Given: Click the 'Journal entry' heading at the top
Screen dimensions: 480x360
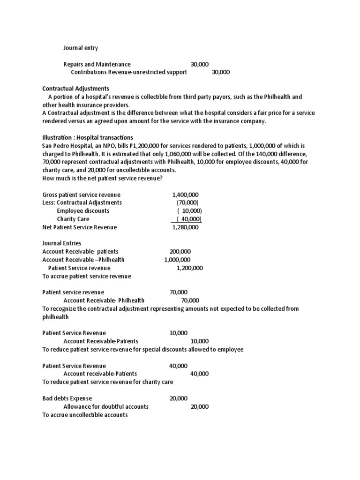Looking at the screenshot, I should pyautogui.click(x=81, y=48).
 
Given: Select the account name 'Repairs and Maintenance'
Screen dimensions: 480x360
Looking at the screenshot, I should pyautogui.click(x=97, y=64).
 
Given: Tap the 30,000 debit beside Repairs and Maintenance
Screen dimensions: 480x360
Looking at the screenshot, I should pyautogui.click(x=200, y=64).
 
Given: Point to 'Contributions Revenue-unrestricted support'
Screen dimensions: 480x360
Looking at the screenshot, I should pyautogui.click(x=129, y=72).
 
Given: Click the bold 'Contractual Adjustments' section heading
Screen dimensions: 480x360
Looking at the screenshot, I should pyautogui.click(x=75, y=89).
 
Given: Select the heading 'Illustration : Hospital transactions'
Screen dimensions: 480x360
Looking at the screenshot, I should pyautogui.click(x=88, y=137).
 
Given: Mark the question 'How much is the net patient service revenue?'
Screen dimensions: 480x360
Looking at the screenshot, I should pyautogui.click(x=103, y=178).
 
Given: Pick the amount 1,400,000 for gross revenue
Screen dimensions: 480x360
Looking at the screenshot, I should pyautogui.click(x=185, y=195).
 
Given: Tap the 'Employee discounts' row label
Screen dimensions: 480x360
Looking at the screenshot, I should pyautogui.click(x=83, y=211).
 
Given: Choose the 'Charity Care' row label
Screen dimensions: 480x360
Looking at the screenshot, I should pyautogui.click(x=73, y=219).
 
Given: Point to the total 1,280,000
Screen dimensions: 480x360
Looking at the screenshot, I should pyautogui.click(x=185, y=227).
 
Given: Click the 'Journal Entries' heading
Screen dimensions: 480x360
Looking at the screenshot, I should pyautogui.click(x=61, y=243).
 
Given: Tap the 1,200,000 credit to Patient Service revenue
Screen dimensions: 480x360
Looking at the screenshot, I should pyautogui.click(x=189, y=268).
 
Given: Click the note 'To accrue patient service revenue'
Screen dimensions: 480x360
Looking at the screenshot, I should pyautogui.click(x=87, y=276).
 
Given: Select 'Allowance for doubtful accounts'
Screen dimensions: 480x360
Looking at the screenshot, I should pyautogui.click(x=106, y=406).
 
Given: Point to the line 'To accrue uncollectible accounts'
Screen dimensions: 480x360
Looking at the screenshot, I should pyautogui.click(x=85, y=415).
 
